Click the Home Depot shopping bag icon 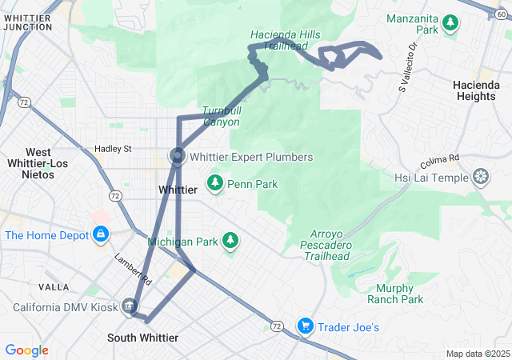[100, 235]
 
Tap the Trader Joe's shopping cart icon [305, 326]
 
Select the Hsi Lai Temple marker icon [481, 177]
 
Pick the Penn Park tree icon [214, 185]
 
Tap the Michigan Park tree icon [230, 241]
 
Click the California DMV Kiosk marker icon [130, 306]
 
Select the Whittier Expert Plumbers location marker [177, 156]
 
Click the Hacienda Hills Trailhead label [278, 41]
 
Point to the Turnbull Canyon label [220, 116]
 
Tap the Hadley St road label [113, 149]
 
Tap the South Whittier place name [142, 338]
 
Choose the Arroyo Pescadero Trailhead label [326, 245]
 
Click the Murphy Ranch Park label [395, 294]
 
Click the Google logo [27, 350]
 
